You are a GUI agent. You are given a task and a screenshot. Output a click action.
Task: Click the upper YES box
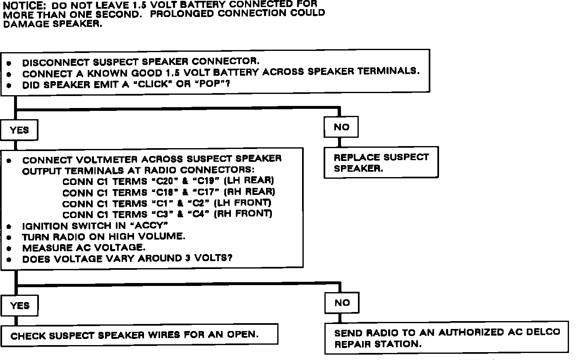(19, 130)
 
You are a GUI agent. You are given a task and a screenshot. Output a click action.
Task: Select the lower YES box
(19, 306)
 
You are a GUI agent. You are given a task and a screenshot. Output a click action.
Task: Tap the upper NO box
(341, 127)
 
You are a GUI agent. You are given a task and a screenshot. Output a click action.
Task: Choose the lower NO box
(342, 303)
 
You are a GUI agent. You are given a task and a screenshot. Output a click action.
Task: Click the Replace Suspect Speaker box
(382, 163)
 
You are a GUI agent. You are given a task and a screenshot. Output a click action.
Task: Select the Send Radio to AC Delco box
(447, 338)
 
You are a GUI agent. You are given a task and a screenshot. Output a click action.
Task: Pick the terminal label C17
(206, 192)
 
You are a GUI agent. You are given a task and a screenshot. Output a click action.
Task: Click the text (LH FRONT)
(243, 203)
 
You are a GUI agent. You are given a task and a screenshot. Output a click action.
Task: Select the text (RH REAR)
(250, 192)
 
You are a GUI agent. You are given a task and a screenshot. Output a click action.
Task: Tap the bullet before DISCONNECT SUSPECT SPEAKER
(9, 63)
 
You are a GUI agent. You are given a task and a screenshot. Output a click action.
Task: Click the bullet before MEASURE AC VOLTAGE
(9, 249)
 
